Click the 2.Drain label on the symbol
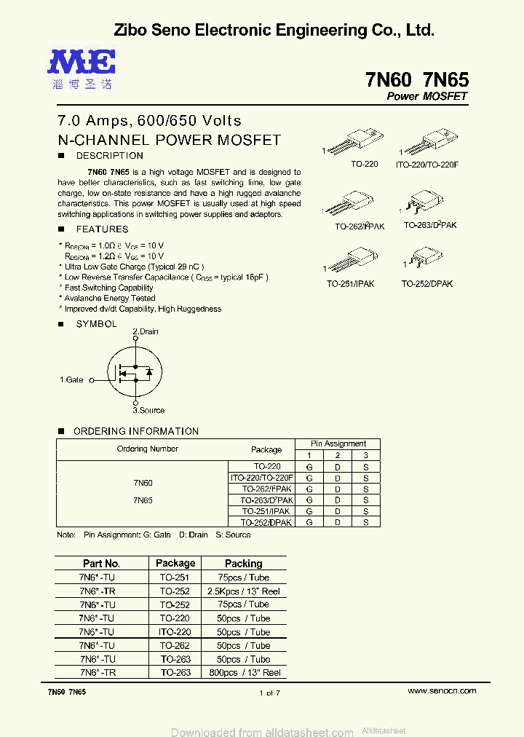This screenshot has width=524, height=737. (x=146, y=331)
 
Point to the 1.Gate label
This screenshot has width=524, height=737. (x=71, y=380)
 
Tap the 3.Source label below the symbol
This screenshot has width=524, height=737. (x=148, y=411)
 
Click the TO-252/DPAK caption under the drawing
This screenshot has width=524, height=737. (x=426, y=284)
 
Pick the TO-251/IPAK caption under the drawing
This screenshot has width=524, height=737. (x=350, y=284)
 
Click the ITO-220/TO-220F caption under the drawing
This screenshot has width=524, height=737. (x=427, y=165)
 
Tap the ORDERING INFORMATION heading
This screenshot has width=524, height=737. (x=136, y=431)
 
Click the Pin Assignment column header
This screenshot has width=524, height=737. (x=338, y=444)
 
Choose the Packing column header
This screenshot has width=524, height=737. (x=243, y=563)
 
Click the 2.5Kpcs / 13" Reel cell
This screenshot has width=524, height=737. (x=243, y=591)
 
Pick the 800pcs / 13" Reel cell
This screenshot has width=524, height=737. (x=243, y=673)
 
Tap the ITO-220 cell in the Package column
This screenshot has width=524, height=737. (x=175, y=632)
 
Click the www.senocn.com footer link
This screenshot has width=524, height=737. (x=442, y=690)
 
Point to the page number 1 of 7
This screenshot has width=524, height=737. (x=269, y=693)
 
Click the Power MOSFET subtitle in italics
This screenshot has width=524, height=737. (x=426, y=97)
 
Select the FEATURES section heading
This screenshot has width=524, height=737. (x=102, y=229)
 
